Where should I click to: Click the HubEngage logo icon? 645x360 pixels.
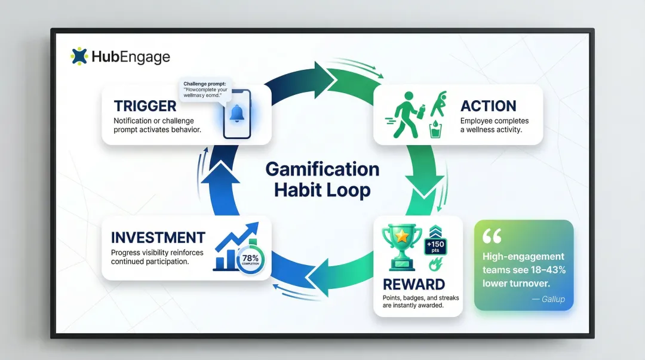coord(79,56)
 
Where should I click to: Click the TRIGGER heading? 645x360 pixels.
coord(145,106)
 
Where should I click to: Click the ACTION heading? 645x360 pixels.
coord(488,106)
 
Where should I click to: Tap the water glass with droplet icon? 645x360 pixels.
coord(435,129)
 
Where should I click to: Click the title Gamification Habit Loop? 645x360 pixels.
coord(322,179)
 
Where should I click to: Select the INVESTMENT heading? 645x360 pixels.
coord(158,237)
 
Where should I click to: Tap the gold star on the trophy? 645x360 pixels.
coord(402,237)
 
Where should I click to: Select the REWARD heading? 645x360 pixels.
coord(414,284)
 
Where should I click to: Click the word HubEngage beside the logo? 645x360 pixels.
coord(131,57)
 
